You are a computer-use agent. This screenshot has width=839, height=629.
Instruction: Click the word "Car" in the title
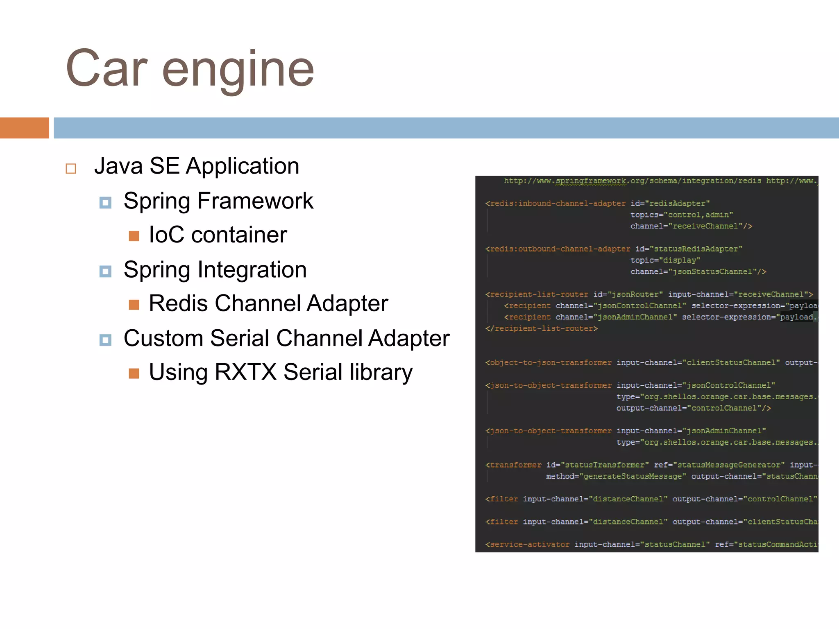[106, 69]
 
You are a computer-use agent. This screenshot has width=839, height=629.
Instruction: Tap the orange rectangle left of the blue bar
[24, 128]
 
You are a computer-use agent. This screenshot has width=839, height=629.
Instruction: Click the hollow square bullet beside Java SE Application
[71, 168]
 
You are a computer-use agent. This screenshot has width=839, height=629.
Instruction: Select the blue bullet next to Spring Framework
[105, 202]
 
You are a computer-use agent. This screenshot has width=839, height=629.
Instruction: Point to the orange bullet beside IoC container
[134, 236]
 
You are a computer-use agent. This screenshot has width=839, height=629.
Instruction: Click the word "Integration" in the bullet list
[252, 270]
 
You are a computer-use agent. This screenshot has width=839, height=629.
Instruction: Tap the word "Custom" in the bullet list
[163, 338]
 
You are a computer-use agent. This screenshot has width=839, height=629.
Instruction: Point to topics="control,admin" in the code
[682, 215]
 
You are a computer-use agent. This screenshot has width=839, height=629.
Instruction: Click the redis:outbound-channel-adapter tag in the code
[558, 249]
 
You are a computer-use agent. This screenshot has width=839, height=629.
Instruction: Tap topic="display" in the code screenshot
[665, 260]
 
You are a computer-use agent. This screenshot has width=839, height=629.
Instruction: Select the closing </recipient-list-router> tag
[541, 328]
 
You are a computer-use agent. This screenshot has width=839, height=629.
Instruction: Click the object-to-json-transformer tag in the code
[549, 363]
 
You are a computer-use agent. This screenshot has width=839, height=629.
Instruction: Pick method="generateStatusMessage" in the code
[616, 476]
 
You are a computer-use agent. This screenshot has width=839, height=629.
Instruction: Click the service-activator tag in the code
[527, 545]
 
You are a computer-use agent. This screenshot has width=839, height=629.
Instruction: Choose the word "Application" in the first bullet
[243, 166]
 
